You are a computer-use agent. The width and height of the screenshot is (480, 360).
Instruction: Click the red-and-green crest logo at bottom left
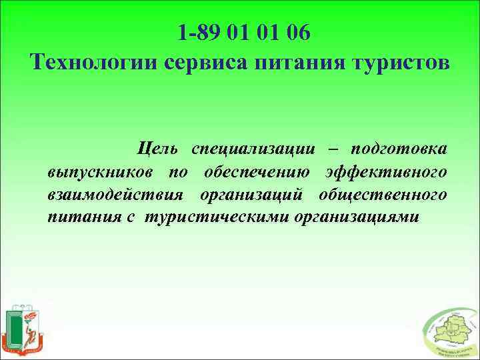click(23, 330)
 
